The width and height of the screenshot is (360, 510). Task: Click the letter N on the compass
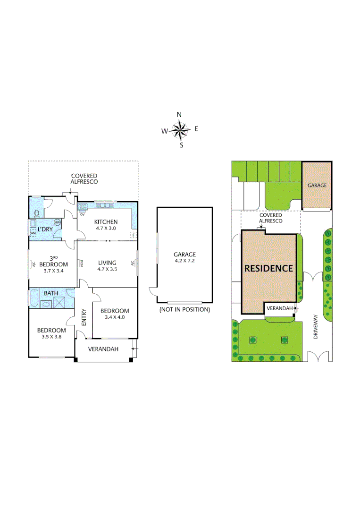[x=179, y=115]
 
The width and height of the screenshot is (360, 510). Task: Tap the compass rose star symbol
[x=180, y=129]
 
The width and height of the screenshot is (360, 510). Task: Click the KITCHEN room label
[x=106, y=222]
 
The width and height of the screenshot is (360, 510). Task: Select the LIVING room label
[x=107, y=263]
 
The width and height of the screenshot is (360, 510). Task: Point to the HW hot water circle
[x=58, y=222]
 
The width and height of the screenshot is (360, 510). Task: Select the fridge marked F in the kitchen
[x=134, y=235]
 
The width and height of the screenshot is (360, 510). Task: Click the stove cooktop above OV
[x=82, y=206]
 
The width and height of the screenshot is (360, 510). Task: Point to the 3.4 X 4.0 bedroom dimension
[x=114, y=317]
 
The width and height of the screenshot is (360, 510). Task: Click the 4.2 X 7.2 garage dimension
[x=184, y=261]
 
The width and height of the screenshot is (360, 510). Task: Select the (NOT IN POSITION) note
[x=184, y=310]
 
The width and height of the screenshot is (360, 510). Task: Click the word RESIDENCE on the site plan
[x=268, y=268]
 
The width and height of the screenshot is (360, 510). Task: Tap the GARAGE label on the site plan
[x=317, y=186]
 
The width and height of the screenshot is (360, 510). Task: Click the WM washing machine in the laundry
[x=33, y=233]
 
